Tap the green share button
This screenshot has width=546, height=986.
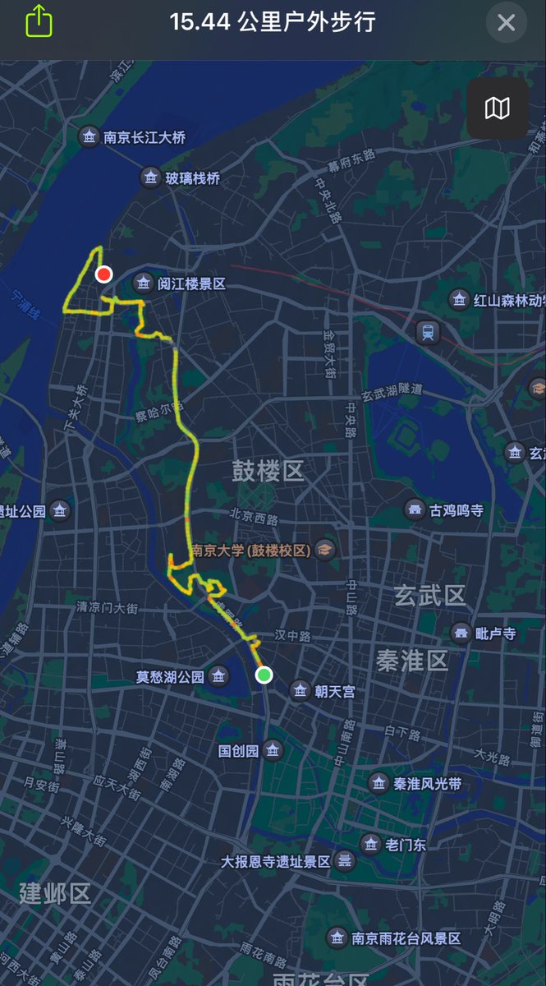click(39, 21)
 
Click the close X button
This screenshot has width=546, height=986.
click(507, 22)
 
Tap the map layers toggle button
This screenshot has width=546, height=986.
click(498, 108)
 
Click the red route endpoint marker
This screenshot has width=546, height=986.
click(103, 274)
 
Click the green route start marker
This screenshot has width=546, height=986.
click(264, 675)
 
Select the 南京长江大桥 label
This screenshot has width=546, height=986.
click(145, 137)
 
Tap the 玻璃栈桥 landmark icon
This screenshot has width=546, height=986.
click(150, 177)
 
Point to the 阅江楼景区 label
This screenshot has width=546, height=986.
click(191, 284)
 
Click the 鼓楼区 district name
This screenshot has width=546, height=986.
click(268, 471)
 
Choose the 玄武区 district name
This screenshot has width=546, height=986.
click(430, 596)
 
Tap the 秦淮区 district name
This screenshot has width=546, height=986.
click(412, 659)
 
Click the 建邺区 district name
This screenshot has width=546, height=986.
click(55, 893)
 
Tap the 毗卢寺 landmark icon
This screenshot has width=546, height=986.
click(461, 634)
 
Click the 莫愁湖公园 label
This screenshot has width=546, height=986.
click(170, 677)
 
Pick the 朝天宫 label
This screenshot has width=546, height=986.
click(336, 692)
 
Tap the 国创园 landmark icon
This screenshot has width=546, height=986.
click(273, 750)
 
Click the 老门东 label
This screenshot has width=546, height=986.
click(406, 844)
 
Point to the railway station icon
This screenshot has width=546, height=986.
click(428, 332)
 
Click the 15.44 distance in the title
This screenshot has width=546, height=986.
click(200, 21)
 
